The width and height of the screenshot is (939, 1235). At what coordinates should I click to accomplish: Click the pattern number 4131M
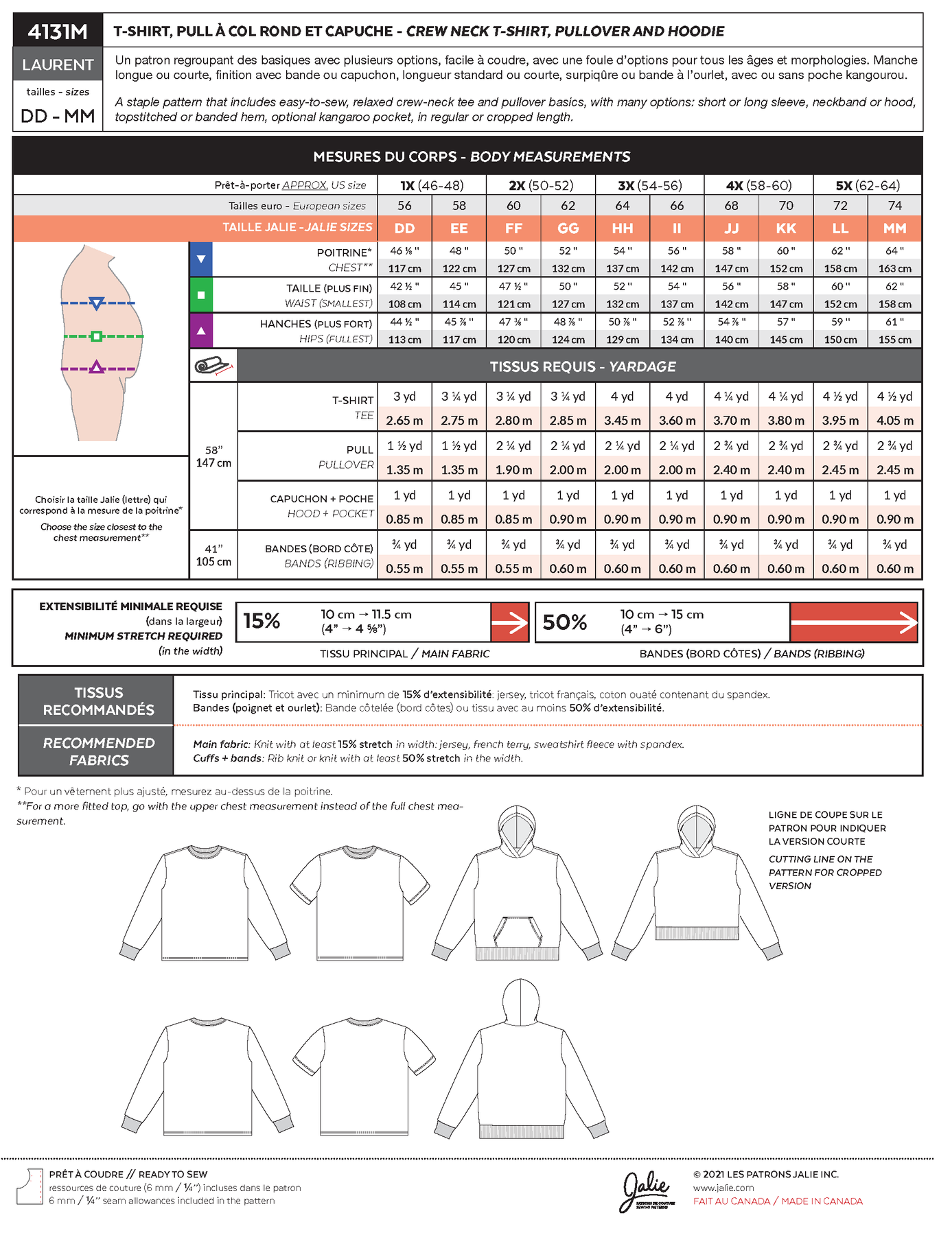point(58,31)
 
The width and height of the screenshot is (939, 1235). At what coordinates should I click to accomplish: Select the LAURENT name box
point(58,64)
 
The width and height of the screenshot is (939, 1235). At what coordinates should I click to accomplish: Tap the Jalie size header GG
point(568,228)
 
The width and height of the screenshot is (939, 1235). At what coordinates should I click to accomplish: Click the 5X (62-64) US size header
point(868,185)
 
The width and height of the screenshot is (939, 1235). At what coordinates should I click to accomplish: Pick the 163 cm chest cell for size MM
point(895,268)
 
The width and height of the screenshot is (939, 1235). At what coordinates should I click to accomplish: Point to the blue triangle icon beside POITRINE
point(201,259)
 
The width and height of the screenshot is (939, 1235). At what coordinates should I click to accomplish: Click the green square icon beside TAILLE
point(201,295)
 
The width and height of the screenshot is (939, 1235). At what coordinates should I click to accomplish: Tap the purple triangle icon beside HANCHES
point(201,331)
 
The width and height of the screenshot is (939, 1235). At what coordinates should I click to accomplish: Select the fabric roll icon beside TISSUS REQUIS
point(213,366)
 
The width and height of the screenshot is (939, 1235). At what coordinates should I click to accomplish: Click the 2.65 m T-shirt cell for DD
point(404,421)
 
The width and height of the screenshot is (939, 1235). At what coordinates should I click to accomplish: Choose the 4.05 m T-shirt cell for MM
point(895,421)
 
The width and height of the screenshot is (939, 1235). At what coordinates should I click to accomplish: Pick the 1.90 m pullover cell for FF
point(513,470)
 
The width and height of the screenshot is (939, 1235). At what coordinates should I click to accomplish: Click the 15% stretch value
point(262,622)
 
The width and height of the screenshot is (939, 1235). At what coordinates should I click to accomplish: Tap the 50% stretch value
point(564,622)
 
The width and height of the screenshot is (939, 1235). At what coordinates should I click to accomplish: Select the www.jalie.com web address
point(723,1188)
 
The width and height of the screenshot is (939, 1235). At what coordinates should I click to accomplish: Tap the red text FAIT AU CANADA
point(732,1201)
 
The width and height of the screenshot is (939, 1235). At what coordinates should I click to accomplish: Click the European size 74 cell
point(895,206)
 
